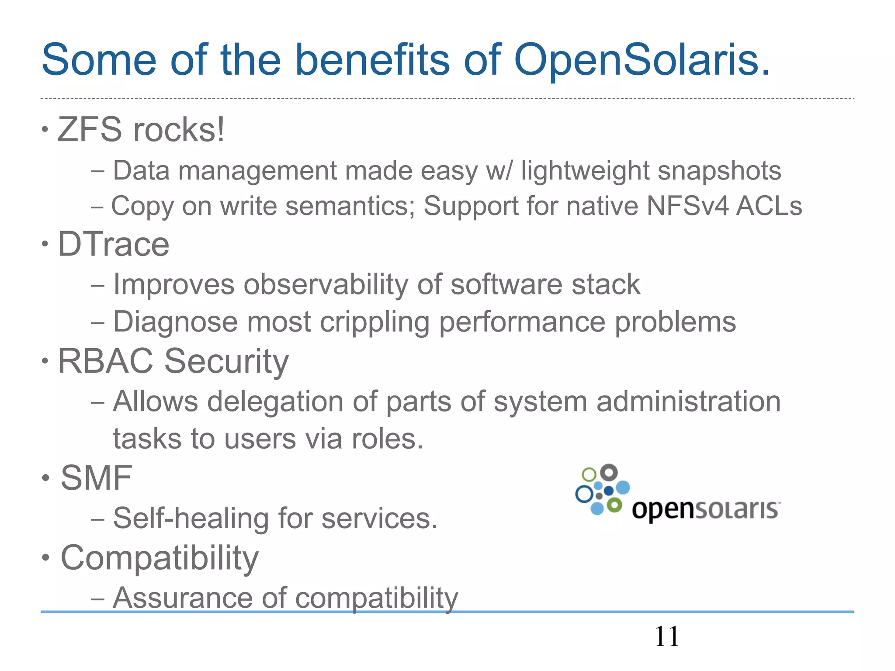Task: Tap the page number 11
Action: pyautogui.click(x=667, y=636)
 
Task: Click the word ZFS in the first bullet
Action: pyautogui.click(x=90, y=130)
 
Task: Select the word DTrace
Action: pyautogui.click(x=114, y=244)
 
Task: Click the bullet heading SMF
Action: pyautogui.click(x=96, y=478)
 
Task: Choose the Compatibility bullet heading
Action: pyautogui.click(x=160, y=558)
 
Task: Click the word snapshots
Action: pyautogui.click(x=719, y=170)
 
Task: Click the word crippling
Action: pyautogui.click(x=375, y=322)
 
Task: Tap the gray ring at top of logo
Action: pyautogui.click(x=609, y=473)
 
